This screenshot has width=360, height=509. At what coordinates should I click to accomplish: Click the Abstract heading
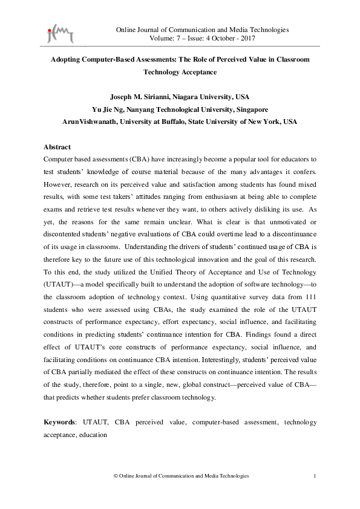click(x=57, y=148)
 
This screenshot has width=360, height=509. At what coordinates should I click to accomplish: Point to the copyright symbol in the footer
click(x=116, y=477)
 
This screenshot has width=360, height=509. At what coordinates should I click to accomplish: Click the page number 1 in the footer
click(x=315, y=477)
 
